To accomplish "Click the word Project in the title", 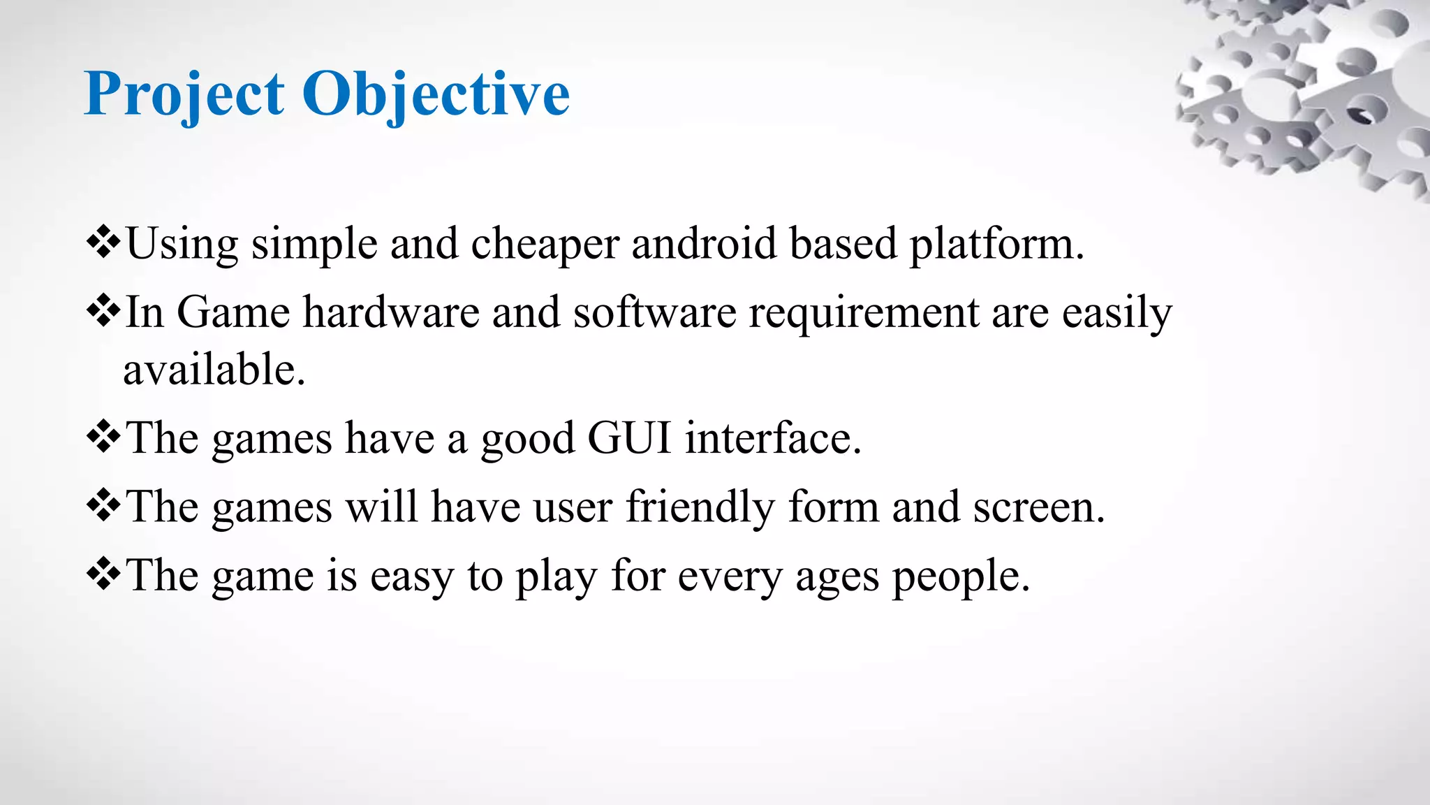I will tap(184, 94).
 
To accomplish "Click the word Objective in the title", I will tap(436, 94).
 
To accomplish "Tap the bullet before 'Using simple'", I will tap(103, 243).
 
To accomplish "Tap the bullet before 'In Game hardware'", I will tap(103, 312).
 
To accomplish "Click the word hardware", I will tap(391, 312).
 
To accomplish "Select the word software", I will tap(654, 312).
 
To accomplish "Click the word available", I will tap(214, 370).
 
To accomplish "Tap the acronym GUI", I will tap(629, 438).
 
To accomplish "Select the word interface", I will tap(772, 438).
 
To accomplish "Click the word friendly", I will tap(700, 507).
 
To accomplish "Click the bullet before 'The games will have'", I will tap(103, 506).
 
